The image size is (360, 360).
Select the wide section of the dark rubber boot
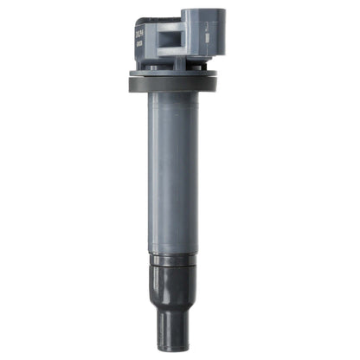177,281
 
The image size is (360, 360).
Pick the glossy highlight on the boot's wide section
164,281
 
